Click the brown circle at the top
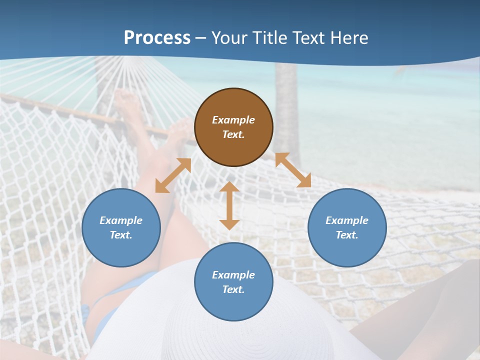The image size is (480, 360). coord(233,127)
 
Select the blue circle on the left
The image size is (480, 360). coord(121,227)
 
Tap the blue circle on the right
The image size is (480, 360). coord(347,227)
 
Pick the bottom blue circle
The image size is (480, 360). coord(233,282)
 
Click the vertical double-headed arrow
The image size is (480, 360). coord(229,205)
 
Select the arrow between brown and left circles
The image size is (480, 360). coord(173,175)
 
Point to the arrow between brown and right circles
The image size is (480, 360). coord(293,170)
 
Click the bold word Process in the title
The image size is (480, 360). coord(157,38)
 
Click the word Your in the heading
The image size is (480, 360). coord(229,38)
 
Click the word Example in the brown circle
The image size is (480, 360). coord(233,120)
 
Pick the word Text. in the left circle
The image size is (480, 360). coord(121,235)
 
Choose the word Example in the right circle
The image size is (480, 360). coord(347,220)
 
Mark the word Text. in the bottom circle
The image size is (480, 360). coord(233,289)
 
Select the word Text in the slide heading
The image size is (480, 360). coord(308,38)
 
